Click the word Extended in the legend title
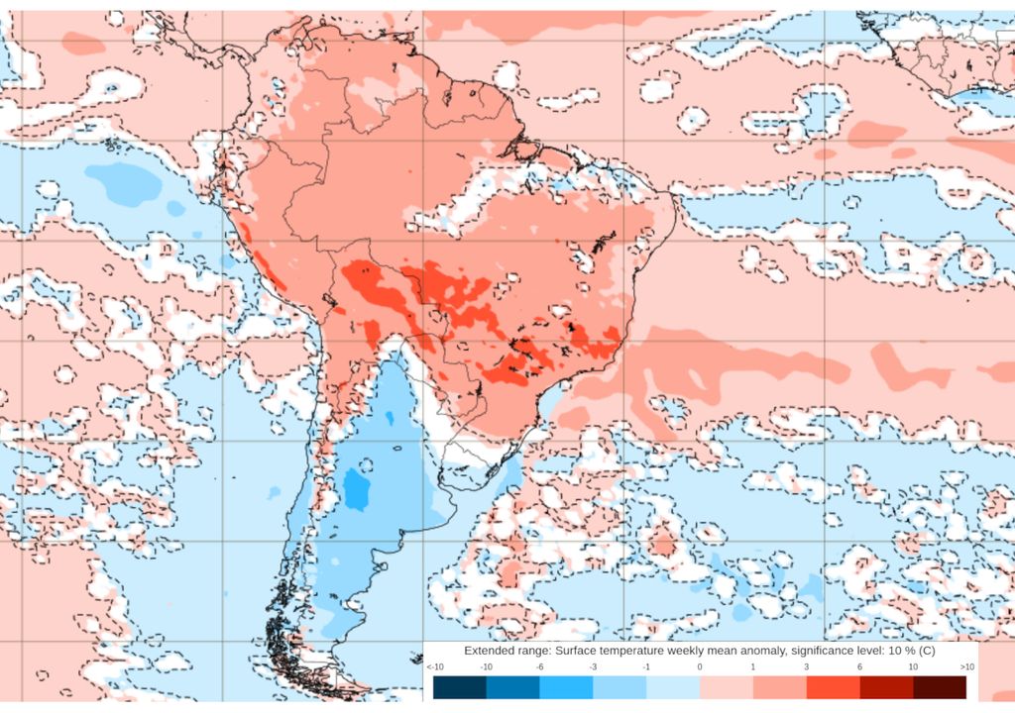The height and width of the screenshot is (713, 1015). pos(493,651)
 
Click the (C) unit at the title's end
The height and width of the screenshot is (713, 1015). pos(926,651)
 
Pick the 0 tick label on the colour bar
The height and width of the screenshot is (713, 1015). pos(700,667)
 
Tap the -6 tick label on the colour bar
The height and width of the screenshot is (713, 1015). pos(539,667)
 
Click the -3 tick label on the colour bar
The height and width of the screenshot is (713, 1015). pos(593,667)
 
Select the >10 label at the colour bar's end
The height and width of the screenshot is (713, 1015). pos(966,667)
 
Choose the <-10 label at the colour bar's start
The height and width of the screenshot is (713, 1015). pos(434,667)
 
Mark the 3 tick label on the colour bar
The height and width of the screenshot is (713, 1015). pos(806,667)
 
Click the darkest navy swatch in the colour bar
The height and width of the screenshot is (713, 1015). pos(459,687)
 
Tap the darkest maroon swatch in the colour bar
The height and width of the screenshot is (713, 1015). pos(939,687)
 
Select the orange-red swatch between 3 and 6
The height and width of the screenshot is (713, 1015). pos(833,687)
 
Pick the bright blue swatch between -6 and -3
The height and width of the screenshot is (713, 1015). pos(566,687)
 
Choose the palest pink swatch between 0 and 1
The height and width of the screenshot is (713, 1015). pos(727,687)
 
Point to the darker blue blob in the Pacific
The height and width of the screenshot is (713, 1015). pos(124,182)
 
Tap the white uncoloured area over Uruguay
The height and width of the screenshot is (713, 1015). pos(474,457)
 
